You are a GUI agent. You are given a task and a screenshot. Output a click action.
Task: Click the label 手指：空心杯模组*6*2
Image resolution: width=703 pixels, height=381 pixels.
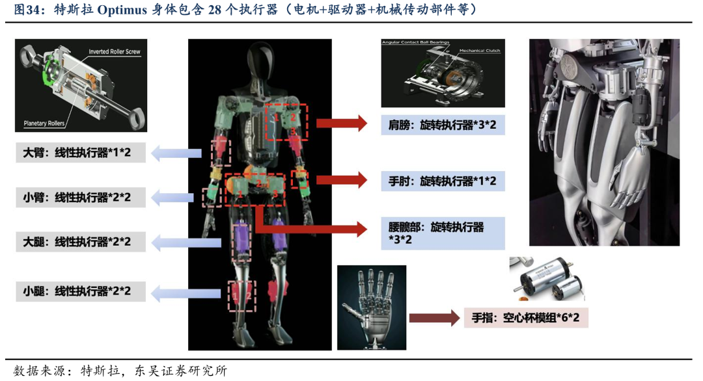[526, 319]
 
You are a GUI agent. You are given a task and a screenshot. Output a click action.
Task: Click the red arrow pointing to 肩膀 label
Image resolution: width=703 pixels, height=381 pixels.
[344, 123]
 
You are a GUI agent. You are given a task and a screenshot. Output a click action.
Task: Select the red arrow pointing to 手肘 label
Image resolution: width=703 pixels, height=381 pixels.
[344, 180]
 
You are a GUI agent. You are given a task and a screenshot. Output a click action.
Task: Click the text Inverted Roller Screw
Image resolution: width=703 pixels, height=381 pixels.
[115, 51]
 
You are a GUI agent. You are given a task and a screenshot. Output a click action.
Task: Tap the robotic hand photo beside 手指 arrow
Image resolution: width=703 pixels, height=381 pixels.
[372, 306]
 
